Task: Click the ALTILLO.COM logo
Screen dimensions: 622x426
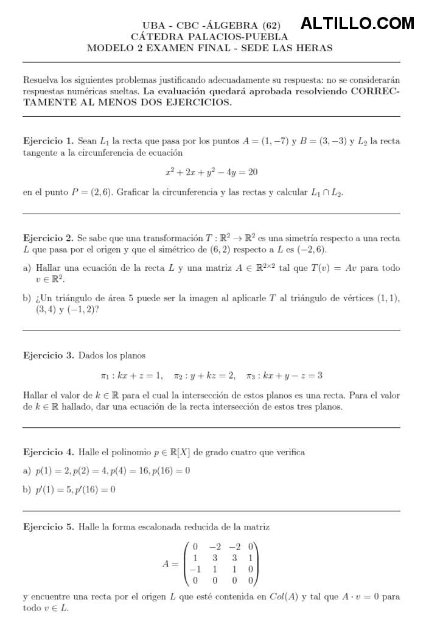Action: pyautogui.click(x=357, y=24)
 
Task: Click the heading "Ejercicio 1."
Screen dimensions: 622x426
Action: pyautogui.click(x=48, y=141)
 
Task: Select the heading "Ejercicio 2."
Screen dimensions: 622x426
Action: pyautogui.click(x=48, y=237)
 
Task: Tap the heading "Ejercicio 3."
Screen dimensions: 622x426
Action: pyautogui.click(x=48, y=355)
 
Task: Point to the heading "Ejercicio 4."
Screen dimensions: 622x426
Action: pyautogui.click(x=48, y=452)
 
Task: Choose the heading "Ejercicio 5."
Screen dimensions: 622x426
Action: pyautogui.click(x=48, y=526)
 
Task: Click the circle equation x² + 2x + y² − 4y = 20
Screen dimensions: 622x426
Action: pyautogui.click(x=211, y=173)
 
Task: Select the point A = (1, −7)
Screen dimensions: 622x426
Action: pyautogui.click(x=265, y=141)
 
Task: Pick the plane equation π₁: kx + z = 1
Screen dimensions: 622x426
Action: pyautogui.click(x=131, y=376)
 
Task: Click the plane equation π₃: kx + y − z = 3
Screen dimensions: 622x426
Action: pyautogui.click(x=284, y=376)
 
